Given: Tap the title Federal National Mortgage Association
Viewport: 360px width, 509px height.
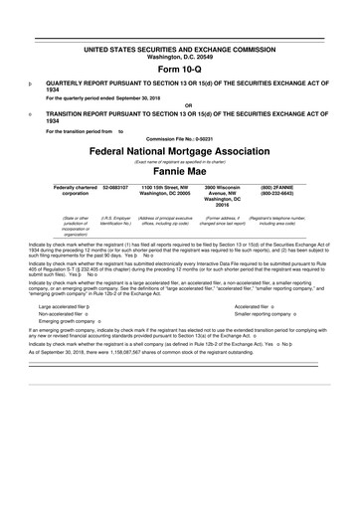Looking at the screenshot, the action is (179, 154).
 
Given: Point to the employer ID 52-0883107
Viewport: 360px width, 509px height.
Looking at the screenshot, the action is (115, 186).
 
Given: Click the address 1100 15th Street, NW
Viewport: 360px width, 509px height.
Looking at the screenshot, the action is (172, 186).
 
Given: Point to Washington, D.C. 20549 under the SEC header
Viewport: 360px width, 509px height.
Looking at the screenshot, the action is (179, 56).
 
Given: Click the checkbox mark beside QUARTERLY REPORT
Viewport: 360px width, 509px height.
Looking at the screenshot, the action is (32, 86).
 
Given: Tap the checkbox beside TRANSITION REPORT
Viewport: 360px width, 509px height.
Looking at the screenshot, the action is (32, 114).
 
